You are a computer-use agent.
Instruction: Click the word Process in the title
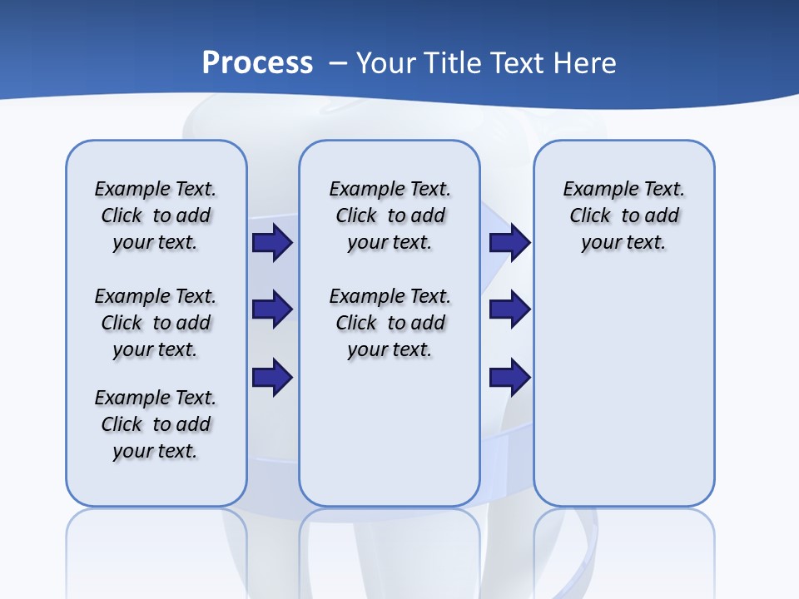pyautogui.click(x=257, y=62)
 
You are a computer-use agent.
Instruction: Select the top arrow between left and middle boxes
pyautogui.click(x=272, y=242)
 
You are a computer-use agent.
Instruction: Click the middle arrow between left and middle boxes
pyautogui.click(x=272, y=309)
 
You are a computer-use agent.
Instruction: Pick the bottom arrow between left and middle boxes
pyautogui.click(x=272, y=377)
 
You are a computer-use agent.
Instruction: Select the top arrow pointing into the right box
pyautogui.click(x=510, y=242)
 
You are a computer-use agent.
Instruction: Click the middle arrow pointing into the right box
pyautogui.click(x=510, y=309)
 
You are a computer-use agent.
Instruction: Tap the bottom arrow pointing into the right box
pyautogui.click(x=510, y=377)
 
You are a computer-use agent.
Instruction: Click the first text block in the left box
pyautogui.click(x=156, y=215)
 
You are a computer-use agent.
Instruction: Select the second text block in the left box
pyautogui.click(x=156, y=323)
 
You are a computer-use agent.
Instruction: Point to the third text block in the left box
pyautogui.click(x=156, y=424)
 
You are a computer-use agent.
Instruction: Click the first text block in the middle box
pyautogui.click(x=390, y=215)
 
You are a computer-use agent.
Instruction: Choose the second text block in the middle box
pyautogui.click(x=390, y=323)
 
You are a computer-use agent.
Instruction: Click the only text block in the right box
pyautogui.click(x=623, y=215)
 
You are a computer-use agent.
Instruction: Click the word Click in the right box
pyautogui.click(x=590, y=216)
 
